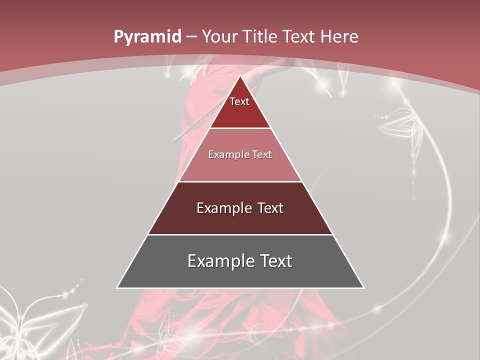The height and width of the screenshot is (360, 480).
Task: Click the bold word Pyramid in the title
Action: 147,37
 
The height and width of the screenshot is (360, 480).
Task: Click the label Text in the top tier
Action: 239,101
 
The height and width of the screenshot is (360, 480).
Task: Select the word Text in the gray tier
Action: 273,261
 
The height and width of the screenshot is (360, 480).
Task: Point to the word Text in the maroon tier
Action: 270,208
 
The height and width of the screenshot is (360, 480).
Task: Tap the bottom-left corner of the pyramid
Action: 117,287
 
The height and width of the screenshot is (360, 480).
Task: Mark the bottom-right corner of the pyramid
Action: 363,287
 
